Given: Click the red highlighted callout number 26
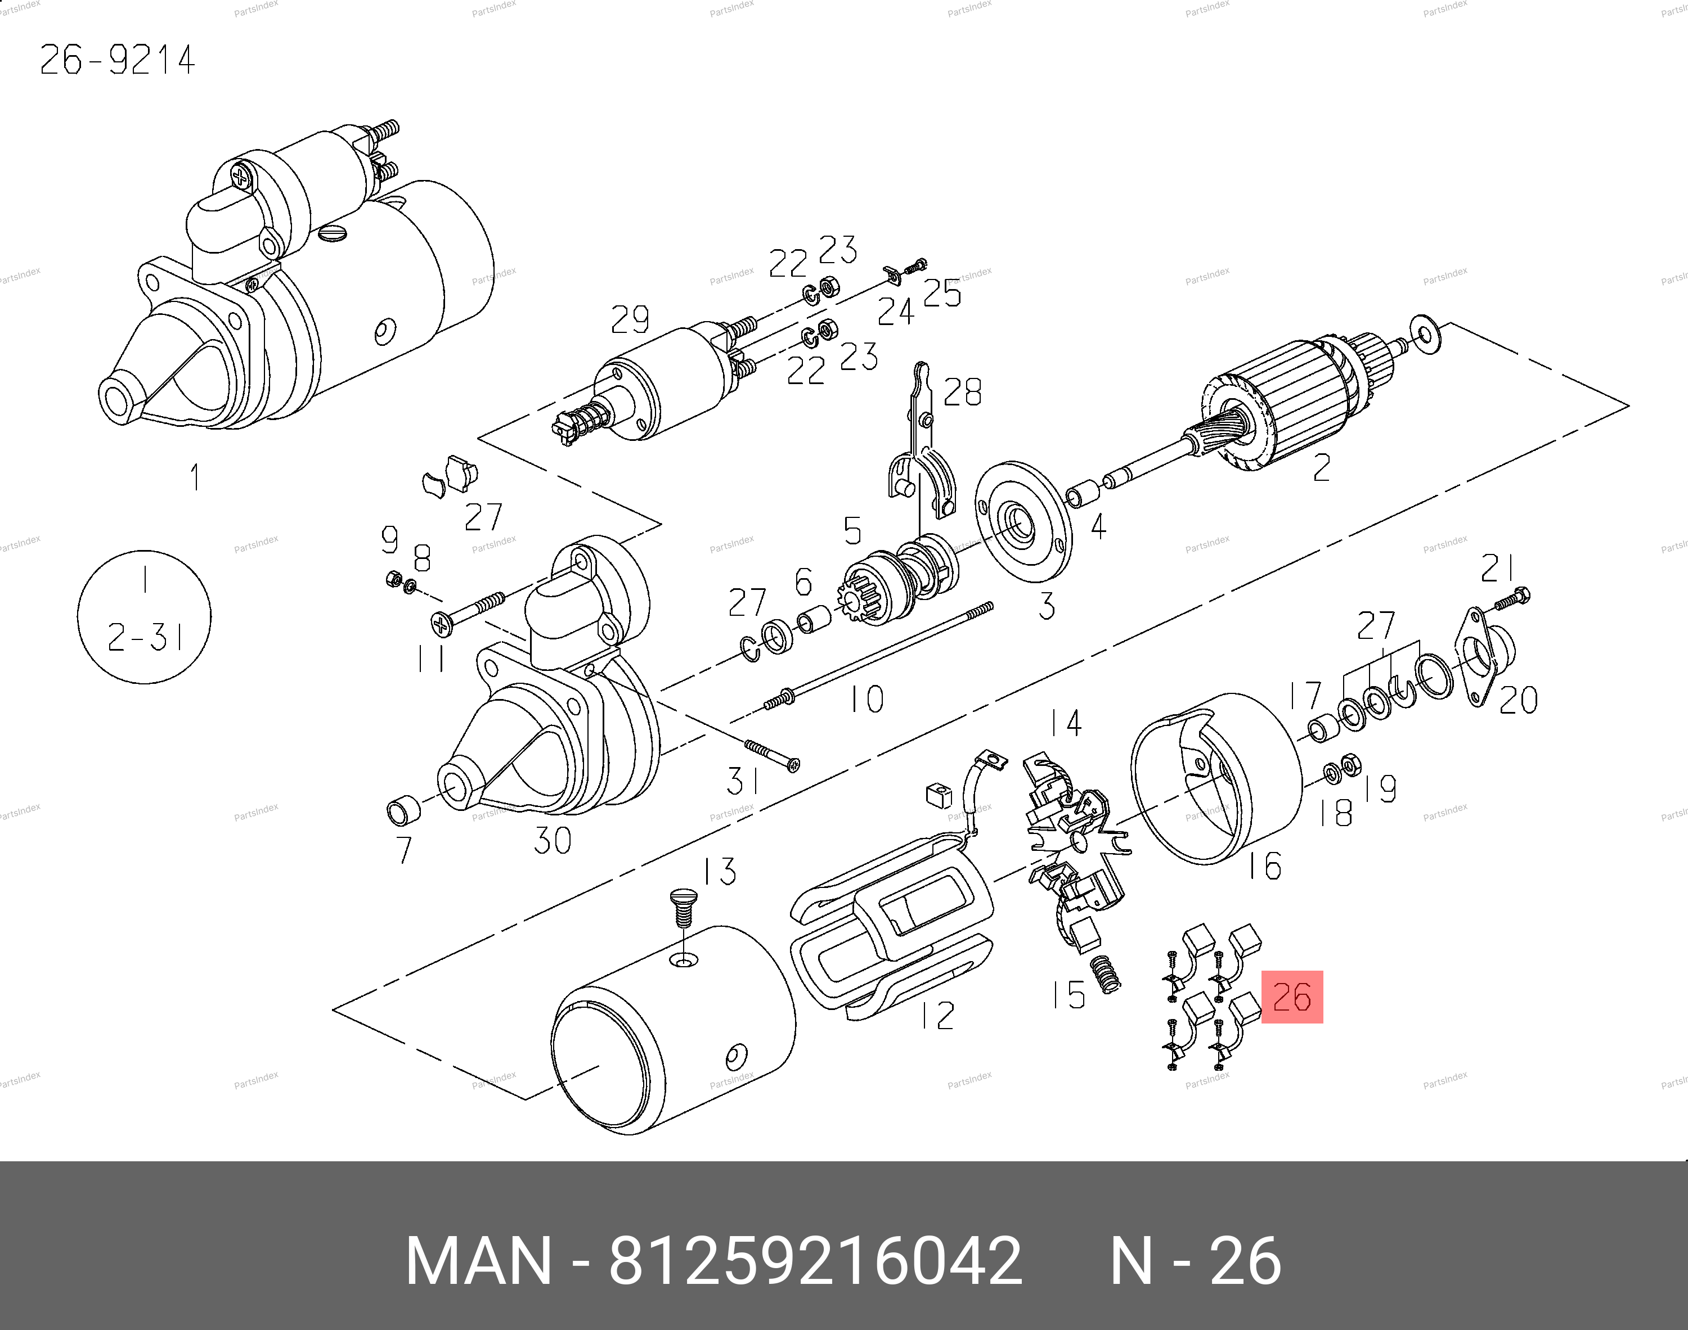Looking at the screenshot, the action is click(1291, 996).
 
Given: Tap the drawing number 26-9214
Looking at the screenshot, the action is click(117, 60).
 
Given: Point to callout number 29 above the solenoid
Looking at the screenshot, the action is click(630, 319).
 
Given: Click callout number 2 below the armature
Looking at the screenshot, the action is click(1321, 467).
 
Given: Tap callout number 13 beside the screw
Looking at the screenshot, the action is click(719, 871).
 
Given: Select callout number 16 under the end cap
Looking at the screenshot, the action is click(1264, 865).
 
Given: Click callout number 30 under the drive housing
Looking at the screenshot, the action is click(553, 840).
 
